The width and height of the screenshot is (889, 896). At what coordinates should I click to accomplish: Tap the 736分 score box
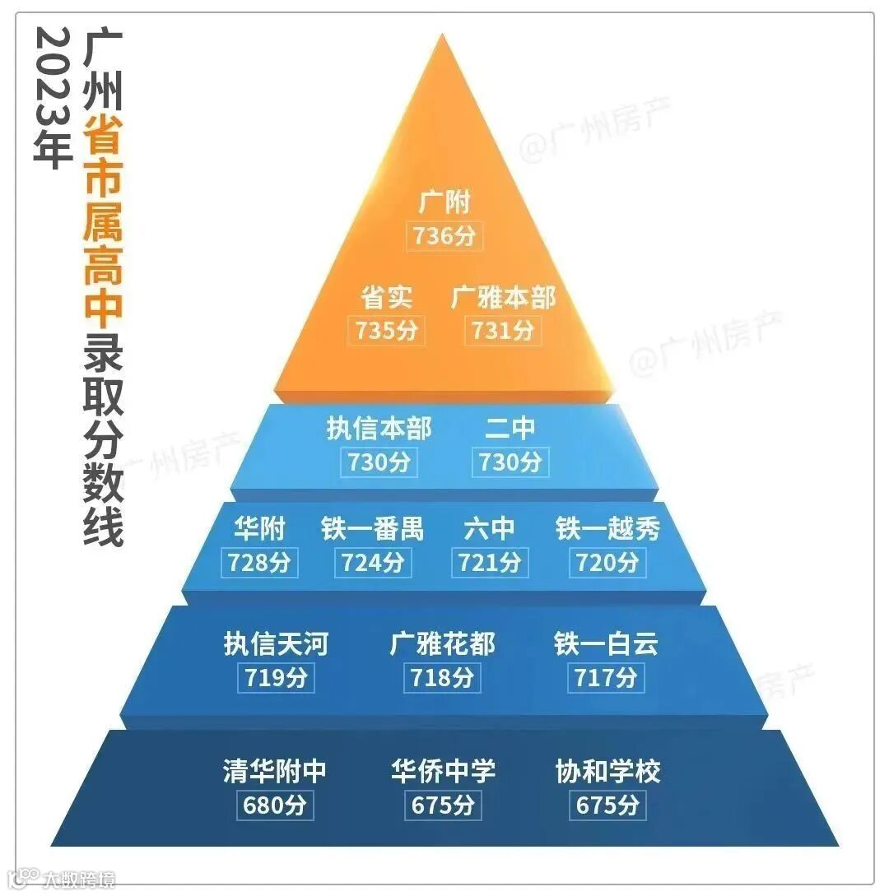pyautogui.click(x=444, y=236)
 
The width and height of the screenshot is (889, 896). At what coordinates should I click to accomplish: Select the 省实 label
pyautogui.click(x=387, y=297)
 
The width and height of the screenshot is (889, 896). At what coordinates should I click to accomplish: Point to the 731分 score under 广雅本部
pyautogui.click(x=503, y=330)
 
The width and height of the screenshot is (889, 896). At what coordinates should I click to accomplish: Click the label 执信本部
pyautogui.click(x=379, y=429)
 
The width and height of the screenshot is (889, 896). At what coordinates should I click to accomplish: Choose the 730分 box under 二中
pyautogui.click(x=510, y=462)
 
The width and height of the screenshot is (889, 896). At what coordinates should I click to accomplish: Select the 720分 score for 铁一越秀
pyautogui.click(x=607, y=563)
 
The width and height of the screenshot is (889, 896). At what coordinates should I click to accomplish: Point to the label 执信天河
pyautogui.click(x=276, y=643)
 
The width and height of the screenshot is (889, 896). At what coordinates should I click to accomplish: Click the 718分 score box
pyautogui.click(x=443, y=678)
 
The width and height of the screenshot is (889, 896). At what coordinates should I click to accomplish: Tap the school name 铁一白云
pyautogui.click(x=607, y=643)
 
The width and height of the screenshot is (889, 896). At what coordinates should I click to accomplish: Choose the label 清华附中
pyautogui.click(x=275, y=772)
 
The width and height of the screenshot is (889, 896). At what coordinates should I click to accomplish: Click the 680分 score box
pyautogui.click(x=275, y=805)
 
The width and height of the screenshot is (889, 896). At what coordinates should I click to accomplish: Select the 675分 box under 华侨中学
pyautogui.click(x=443, y=805)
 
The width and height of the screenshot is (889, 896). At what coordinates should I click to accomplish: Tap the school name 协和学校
pyautogui.click(x=607, y=772)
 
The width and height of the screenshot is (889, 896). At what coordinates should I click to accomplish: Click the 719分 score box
pyautogui.click(x=276, y=678)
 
